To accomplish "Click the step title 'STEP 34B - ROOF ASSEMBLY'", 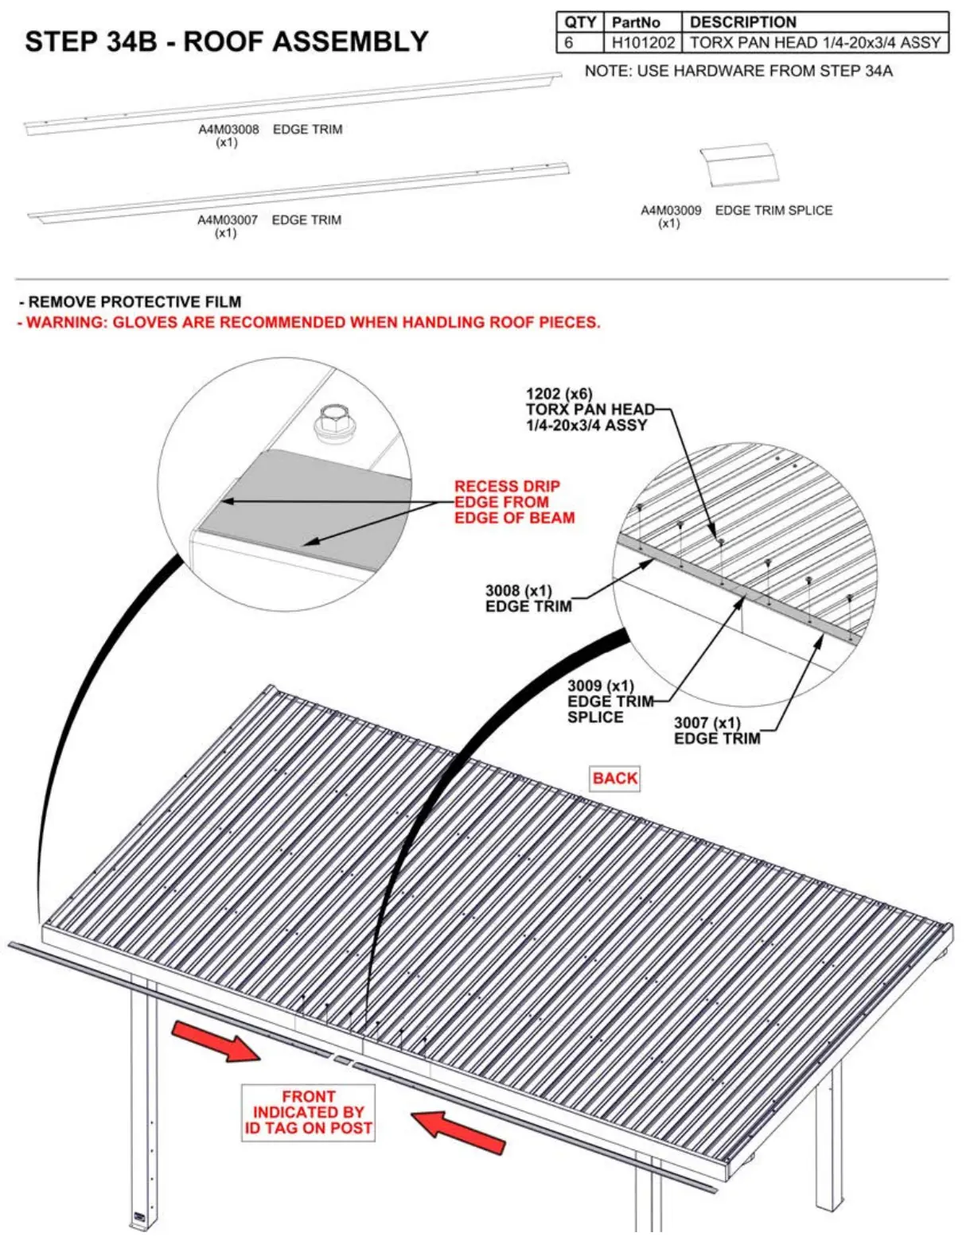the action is pos(227,41).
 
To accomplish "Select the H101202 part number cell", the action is pos(642,43).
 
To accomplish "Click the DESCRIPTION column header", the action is pos(742,22).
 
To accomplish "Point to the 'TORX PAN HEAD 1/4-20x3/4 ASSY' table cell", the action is pos(815,43).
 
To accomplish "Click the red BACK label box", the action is pos(614,778).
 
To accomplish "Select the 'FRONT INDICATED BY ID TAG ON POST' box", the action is pos(308,1112).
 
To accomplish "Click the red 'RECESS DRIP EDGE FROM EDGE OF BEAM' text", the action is pos(514,502).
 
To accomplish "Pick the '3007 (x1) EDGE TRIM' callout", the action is pos(716,730).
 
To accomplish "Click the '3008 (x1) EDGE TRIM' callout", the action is pos(528,598).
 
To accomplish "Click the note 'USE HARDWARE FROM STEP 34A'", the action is pos(738,72).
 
